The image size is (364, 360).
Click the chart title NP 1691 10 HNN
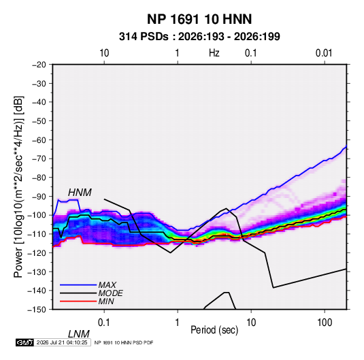coord(199,19)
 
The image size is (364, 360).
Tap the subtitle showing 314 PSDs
coord(199,37)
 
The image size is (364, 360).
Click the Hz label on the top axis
coord(214,53)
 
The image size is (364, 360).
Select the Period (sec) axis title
coord(214,330)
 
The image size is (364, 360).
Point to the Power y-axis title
coord(18,187)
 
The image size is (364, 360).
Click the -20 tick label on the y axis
coord(39,65)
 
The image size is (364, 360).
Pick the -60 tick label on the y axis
coord(39,140)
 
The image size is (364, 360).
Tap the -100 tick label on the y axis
coord(37,215)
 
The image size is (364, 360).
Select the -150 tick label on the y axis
coord(37,310)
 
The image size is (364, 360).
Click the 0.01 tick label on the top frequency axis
coord(324,53)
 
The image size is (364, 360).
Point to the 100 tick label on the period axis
coord(325,323)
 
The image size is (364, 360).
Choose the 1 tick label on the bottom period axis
coord(178,323)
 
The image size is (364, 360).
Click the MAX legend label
coord(107,284)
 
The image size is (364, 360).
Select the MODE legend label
coord(110,293)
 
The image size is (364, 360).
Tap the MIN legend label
coord(106,301)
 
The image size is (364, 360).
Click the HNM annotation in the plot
coord(80,193)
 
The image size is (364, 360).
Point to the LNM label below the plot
coord(79,334)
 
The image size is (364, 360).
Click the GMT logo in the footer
coord(25,342)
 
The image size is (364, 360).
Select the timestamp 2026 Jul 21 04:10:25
coord(62,342)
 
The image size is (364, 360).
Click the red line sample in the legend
coord(78,301)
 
